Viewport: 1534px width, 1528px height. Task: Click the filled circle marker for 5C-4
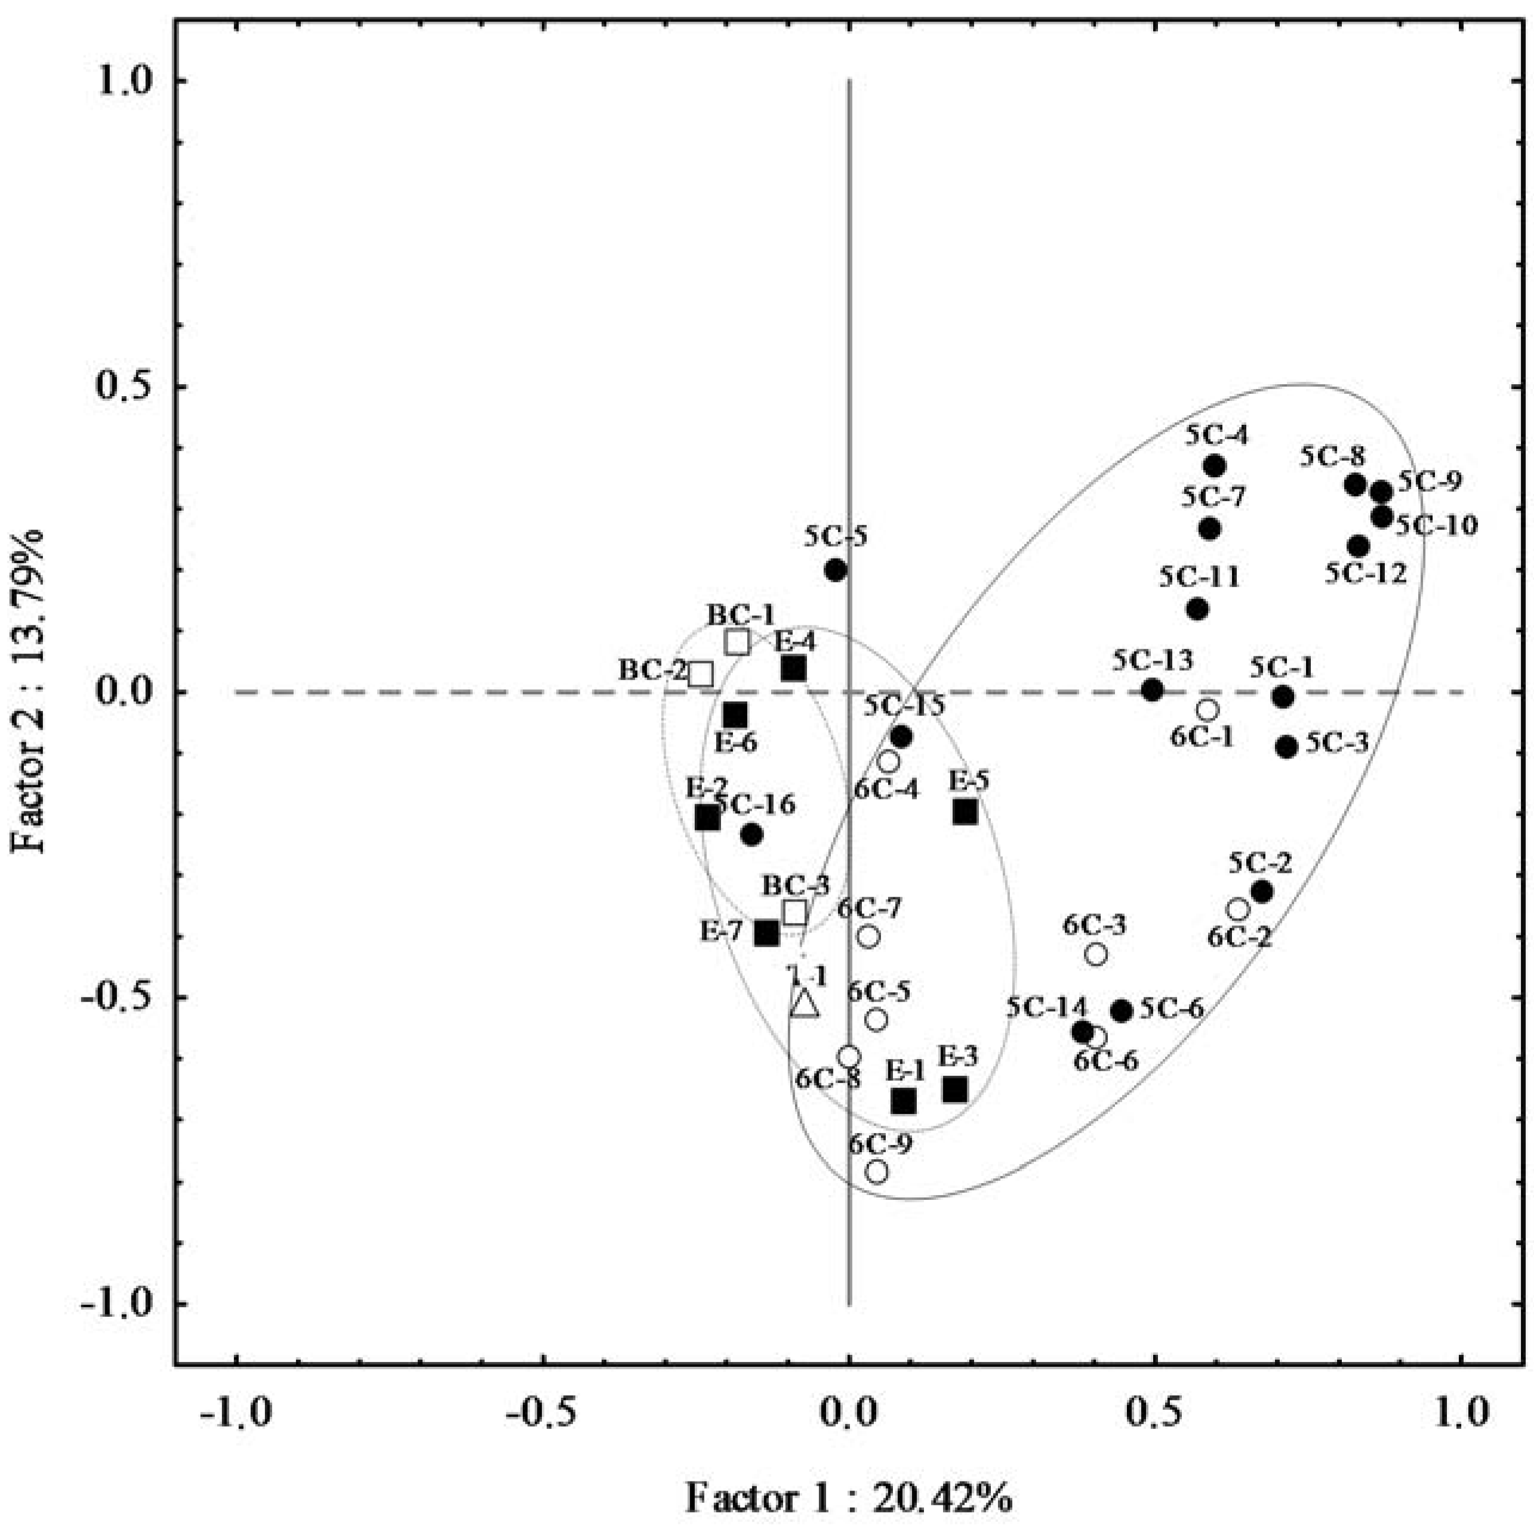(1214, 466)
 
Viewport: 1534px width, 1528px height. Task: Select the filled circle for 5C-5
(835, 570)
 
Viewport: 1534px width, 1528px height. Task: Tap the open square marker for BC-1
(738, 642)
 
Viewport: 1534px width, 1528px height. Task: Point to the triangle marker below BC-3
(805, 1004)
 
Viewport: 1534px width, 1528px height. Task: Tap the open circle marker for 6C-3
(1096, 954)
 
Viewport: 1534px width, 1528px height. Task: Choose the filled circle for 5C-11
(1198, 609)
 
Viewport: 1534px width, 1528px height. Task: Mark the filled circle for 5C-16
(752, 834)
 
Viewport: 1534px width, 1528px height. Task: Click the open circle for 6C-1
(1208, 709)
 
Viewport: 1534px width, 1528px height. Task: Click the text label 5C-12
(1365, 573)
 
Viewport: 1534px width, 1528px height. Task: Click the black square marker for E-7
(766, 933)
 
